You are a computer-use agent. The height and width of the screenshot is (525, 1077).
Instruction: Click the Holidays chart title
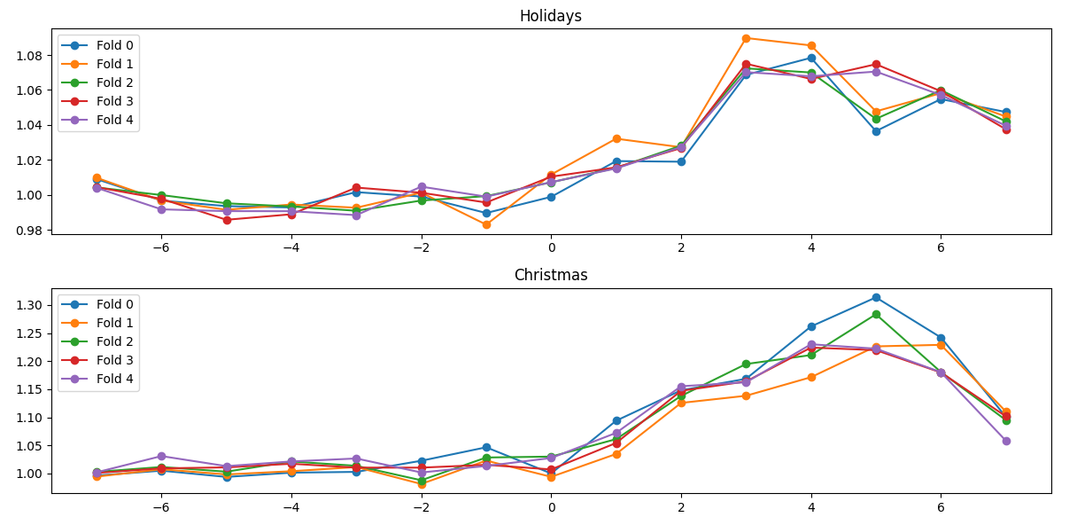(x=550, y=16)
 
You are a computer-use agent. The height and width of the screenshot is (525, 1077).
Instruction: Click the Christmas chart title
(x=550, y=275)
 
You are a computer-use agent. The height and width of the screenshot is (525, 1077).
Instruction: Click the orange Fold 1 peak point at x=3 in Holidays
(x=746, y=38)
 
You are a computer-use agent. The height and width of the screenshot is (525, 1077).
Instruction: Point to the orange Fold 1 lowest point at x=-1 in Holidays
(x=486, y=224)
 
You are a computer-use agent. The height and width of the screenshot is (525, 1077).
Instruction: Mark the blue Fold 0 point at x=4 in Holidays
(x=811, y=58)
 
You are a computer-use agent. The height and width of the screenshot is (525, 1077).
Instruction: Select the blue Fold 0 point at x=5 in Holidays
(x=876, y=131)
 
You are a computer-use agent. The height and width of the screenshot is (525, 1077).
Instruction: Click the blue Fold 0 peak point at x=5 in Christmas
(x=876, y=297)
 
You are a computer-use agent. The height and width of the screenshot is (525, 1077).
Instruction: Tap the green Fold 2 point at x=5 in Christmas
(x=876, y=314)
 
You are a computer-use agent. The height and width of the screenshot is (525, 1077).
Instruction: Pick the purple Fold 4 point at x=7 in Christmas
(x=1006, y=441)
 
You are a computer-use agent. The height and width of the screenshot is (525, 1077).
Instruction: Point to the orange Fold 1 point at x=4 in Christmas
(x=811, y=377)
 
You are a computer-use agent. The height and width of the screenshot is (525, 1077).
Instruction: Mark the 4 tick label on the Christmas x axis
(x=811, y=507)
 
